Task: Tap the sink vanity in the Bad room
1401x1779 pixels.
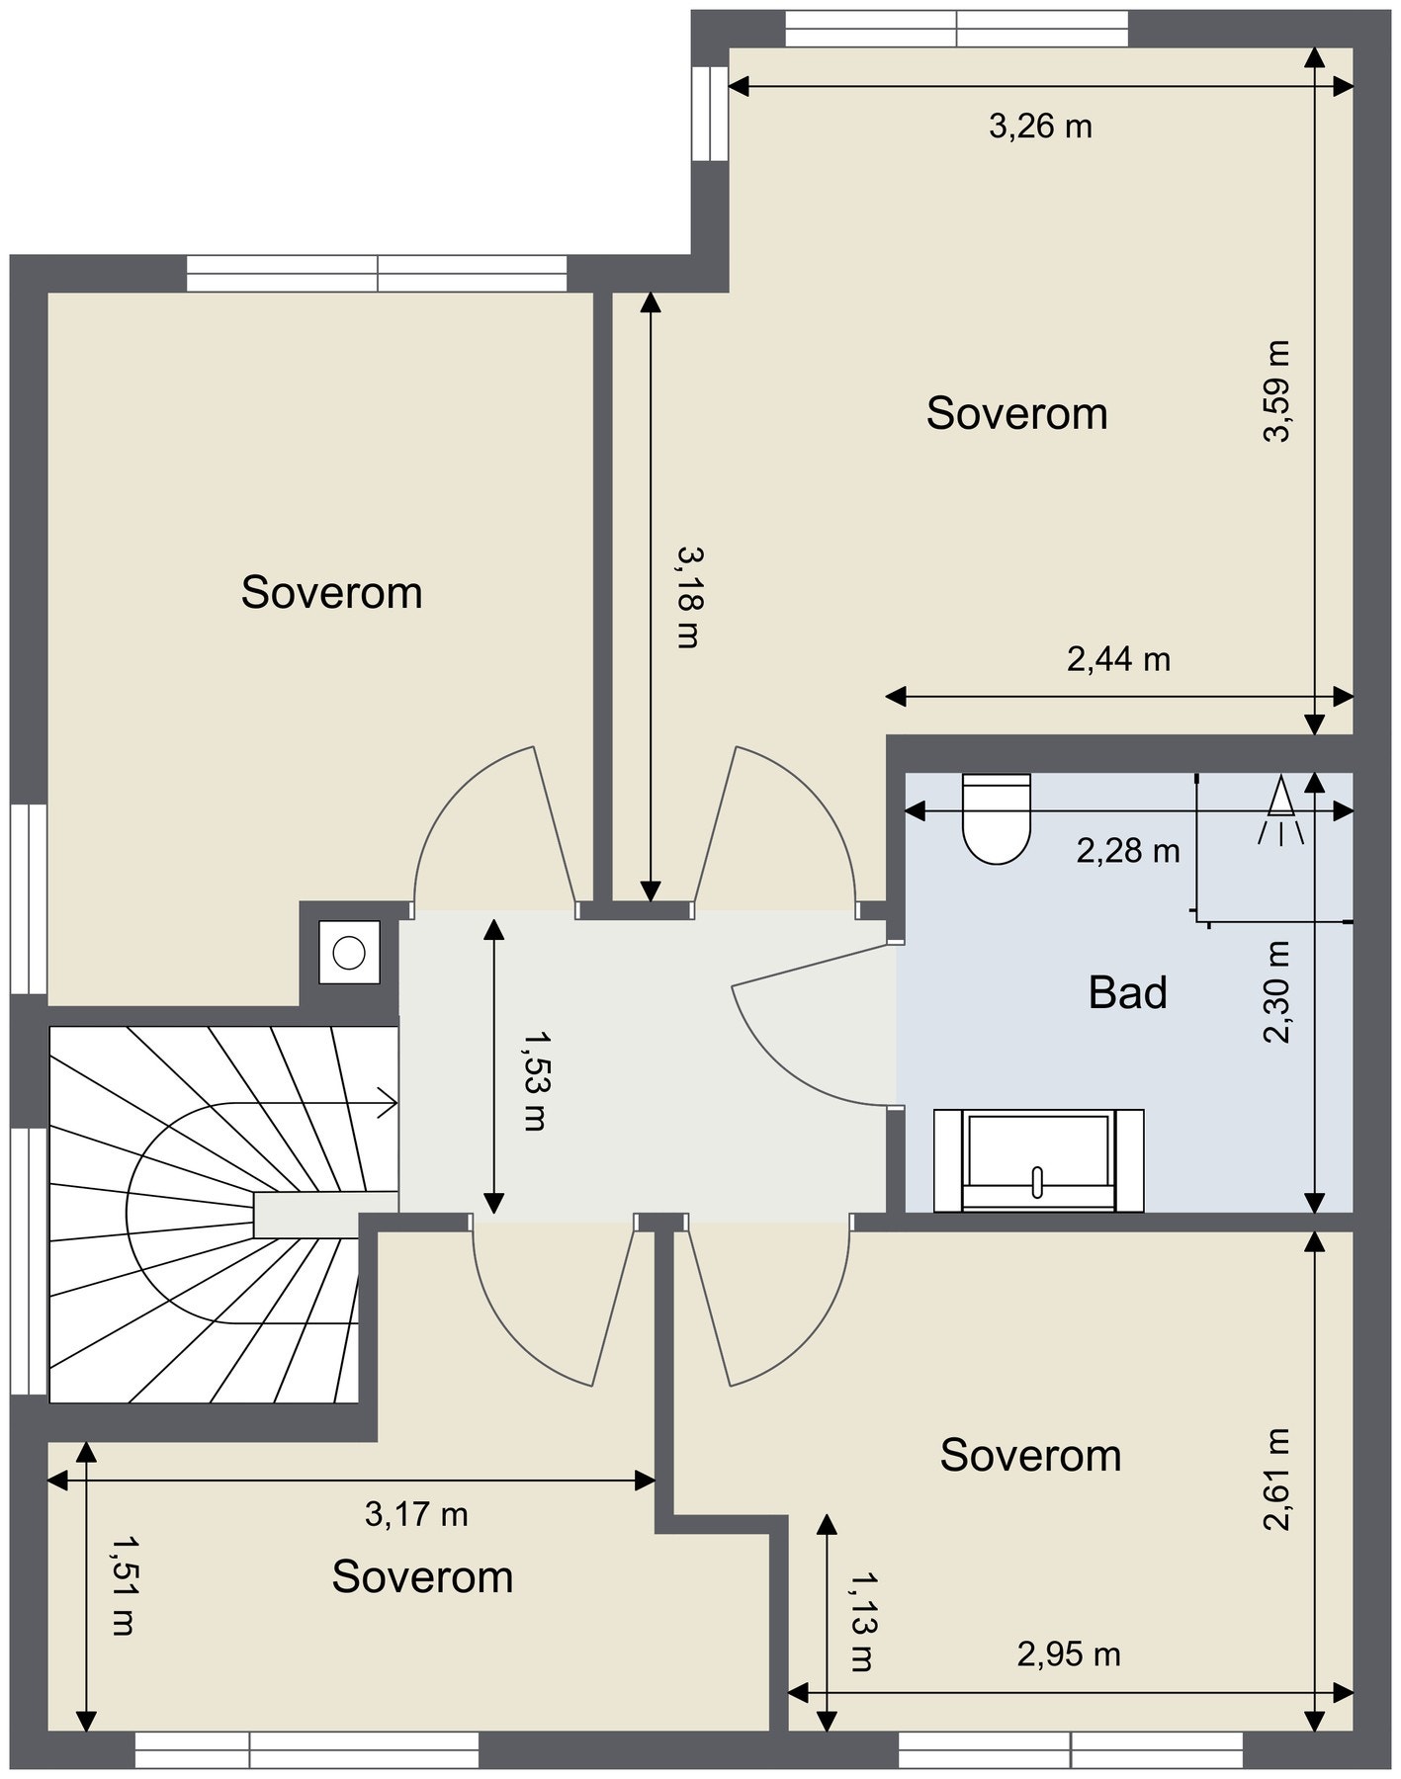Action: pyautogui.click(x=1039, y=1160)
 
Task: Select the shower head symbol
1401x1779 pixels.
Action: pyautogui.click(x=1281, y=810)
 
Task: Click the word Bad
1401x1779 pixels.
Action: pyautogui.click(x=1127, y=992)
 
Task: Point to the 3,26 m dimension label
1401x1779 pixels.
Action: pyautogui.click(x=1040, y=127)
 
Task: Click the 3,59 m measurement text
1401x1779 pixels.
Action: pyautogui.click(x=1276, y=391)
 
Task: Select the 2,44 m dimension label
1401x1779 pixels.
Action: pyautogui.click(x=1118, y=658)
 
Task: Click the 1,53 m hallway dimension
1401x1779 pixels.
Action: pyautogui.click(x=534, y=1080)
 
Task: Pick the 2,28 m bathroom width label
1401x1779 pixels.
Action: pyautogui.click(x=1128, y=850)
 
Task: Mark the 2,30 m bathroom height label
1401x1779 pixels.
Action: pyautogui.click(x=1276, y=991)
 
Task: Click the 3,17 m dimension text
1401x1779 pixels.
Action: pyautogui.click(x=416, y=1513)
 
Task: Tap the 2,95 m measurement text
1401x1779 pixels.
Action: pyautogui.click(x=1069, y=1653)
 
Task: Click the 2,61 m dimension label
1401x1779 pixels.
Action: pyautogui.click(x=1276, y=1480)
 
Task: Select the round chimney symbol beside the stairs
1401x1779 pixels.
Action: pyautogui.click(x=349, y=953)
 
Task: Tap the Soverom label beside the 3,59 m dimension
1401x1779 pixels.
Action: pyautogui.click(x=1016, y=413)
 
